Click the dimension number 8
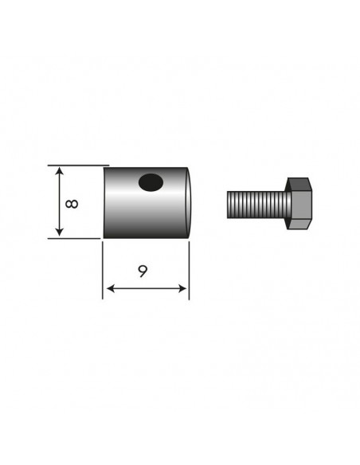[72, 202]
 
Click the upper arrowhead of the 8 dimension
[59, 171]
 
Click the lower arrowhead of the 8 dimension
[59, 232]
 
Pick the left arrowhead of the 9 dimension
[108, 287]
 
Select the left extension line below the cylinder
[103, 271]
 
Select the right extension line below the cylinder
[189, 271]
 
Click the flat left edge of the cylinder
[104, 202]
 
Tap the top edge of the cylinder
[147, 167]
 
